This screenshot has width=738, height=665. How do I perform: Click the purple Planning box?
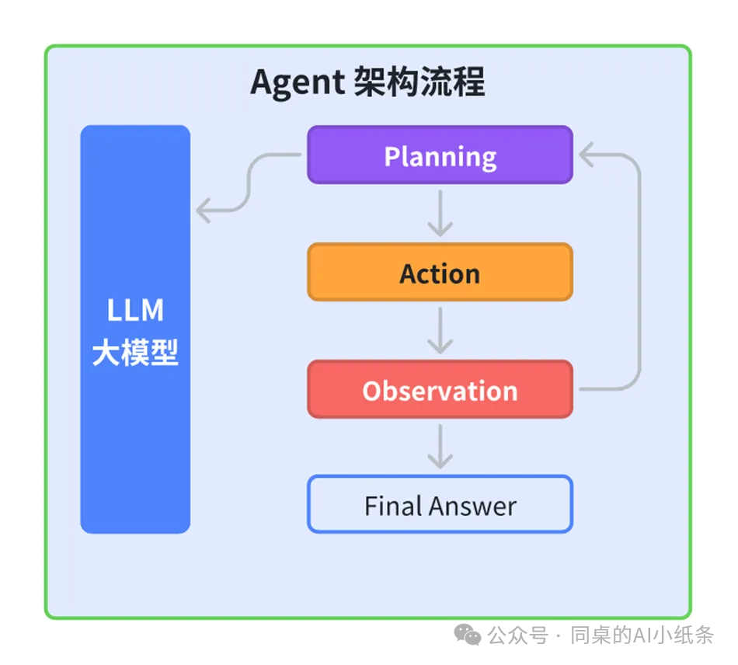pos(440,155)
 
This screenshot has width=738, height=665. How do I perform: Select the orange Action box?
pos(440,273)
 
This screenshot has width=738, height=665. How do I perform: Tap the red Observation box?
pos(440,389)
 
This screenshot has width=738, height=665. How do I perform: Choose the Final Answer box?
pos(440,506)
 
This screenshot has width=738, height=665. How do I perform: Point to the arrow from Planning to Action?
pos(440,214)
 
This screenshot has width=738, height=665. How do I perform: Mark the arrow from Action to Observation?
pos(440,330)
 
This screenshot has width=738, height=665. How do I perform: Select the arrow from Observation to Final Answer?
pos(440,447)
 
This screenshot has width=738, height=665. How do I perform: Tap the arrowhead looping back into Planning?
pos(587,156)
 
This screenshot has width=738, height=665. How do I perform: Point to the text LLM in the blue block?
pos(135,311)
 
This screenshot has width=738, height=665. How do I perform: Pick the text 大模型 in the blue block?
pos(135,353)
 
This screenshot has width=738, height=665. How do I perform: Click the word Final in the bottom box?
pos(392,507)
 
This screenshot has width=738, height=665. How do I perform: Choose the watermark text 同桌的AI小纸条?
pos(642,635)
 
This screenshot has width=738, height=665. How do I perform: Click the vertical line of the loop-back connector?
pos(639,272)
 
